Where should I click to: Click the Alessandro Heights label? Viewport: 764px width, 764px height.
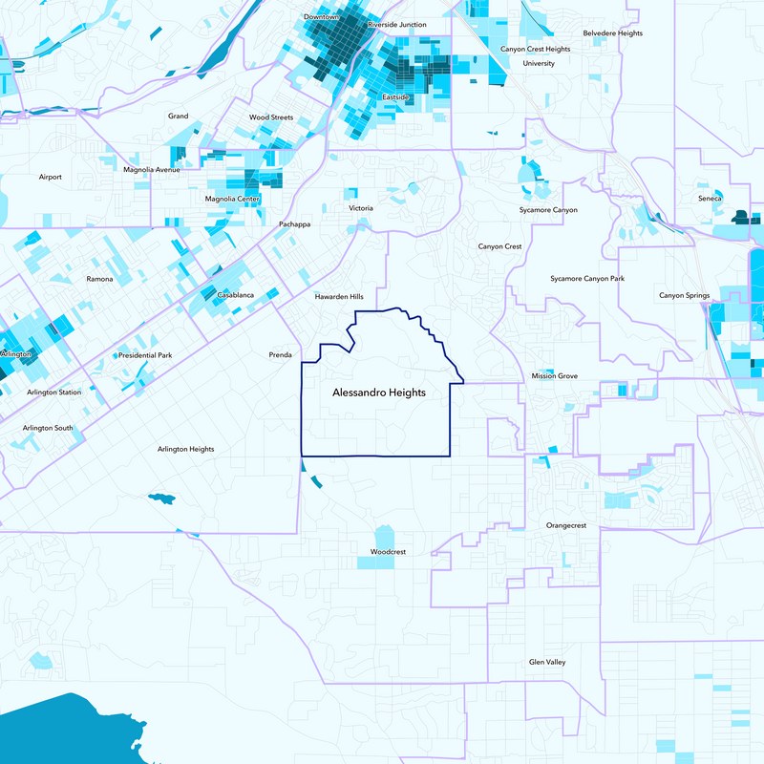coord(378,393)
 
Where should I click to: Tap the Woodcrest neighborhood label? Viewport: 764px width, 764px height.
coord(389,552)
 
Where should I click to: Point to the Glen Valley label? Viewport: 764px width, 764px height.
coord(548,662)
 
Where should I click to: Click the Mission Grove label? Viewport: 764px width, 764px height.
coord(555,376)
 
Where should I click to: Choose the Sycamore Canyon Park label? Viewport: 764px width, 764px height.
coord(587,279)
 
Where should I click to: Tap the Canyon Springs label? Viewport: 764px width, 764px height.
coord(684,295)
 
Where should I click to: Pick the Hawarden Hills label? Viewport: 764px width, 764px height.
coord(340,297)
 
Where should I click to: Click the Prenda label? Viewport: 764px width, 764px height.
coord(280,355)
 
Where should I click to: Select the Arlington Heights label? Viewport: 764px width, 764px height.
coord(186,449)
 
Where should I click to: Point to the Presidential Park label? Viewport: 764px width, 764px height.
coord(144,355)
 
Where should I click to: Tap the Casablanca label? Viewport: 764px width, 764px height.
coord(235,295)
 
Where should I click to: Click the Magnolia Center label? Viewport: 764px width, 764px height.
coord(232,199)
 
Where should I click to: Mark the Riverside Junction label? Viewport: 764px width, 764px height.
coord(397,24)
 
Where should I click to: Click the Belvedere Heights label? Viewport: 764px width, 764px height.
coord(612,33)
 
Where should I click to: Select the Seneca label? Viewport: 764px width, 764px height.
coord(711,198)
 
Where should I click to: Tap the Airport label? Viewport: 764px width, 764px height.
coord(50,177)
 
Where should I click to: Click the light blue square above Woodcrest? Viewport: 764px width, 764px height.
coord(384,537)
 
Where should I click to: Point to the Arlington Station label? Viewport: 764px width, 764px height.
coord(53,393)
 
